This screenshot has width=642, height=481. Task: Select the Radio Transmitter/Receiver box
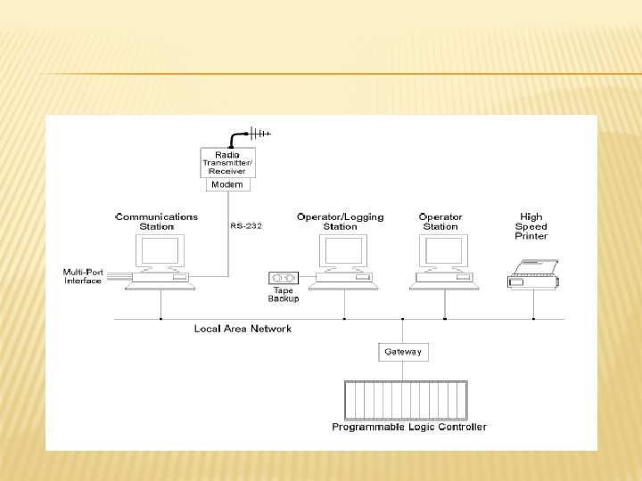(x=228, y=163)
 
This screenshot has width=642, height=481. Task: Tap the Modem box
(x=227, y=184)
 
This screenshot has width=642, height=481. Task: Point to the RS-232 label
(x=246, y=226)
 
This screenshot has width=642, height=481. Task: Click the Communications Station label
(x=157, y=221)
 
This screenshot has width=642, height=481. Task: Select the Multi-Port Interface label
(x=83, y=276)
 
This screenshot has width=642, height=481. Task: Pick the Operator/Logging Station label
(x=340, y=221)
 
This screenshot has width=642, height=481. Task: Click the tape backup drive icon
(x=283, y=278)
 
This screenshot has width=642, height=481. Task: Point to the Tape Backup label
(x=283, y=295)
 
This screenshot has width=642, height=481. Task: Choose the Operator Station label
(x=440, y=221)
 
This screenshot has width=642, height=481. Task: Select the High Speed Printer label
(x=531, y=226)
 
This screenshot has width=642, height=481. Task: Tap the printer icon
(x=534, y=273)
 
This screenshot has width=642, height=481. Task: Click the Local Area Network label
(x=243, y=329)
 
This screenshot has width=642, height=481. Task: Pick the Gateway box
(x=402, y=352)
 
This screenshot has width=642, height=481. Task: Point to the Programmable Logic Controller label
(x=409, y=428)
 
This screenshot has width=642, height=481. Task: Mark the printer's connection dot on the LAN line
(x=533, y=318)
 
